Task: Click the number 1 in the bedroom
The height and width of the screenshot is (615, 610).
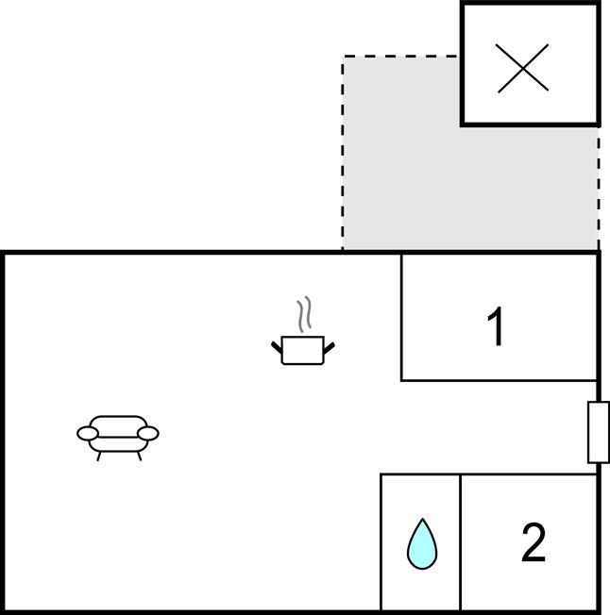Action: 496,326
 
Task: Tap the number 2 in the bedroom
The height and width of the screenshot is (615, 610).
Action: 534,542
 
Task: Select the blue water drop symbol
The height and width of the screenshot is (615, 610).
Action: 422,544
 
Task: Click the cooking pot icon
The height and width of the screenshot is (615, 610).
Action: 303,350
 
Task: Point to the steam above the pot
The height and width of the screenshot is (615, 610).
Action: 305,314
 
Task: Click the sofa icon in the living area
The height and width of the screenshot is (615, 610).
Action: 118,438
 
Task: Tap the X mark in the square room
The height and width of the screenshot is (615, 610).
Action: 522,68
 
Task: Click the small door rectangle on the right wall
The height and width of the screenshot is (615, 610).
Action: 599,432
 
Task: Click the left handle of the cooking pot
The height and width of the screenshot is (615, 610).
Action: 277,347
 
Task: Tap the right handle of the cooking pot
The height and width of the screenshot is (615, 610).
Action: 330,348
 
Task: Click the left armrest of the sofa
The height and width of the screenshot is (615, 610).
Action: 88,433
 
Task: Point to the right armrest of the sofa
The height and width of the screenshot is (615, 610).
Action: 149,433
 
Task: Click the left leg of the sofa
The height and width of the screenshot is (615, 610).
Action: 99,457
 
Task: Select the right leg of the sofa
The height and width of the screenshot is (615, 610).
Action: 140,456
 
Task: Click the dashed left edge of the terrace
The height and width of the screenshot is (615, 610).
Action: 343,153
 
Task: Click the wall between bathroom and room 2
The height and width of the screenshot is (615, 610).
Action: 460,542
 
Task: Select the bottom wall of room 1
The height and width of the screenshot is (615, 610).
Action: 500,380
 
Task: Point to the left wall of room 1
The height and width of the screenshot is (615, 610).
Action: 401,318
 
